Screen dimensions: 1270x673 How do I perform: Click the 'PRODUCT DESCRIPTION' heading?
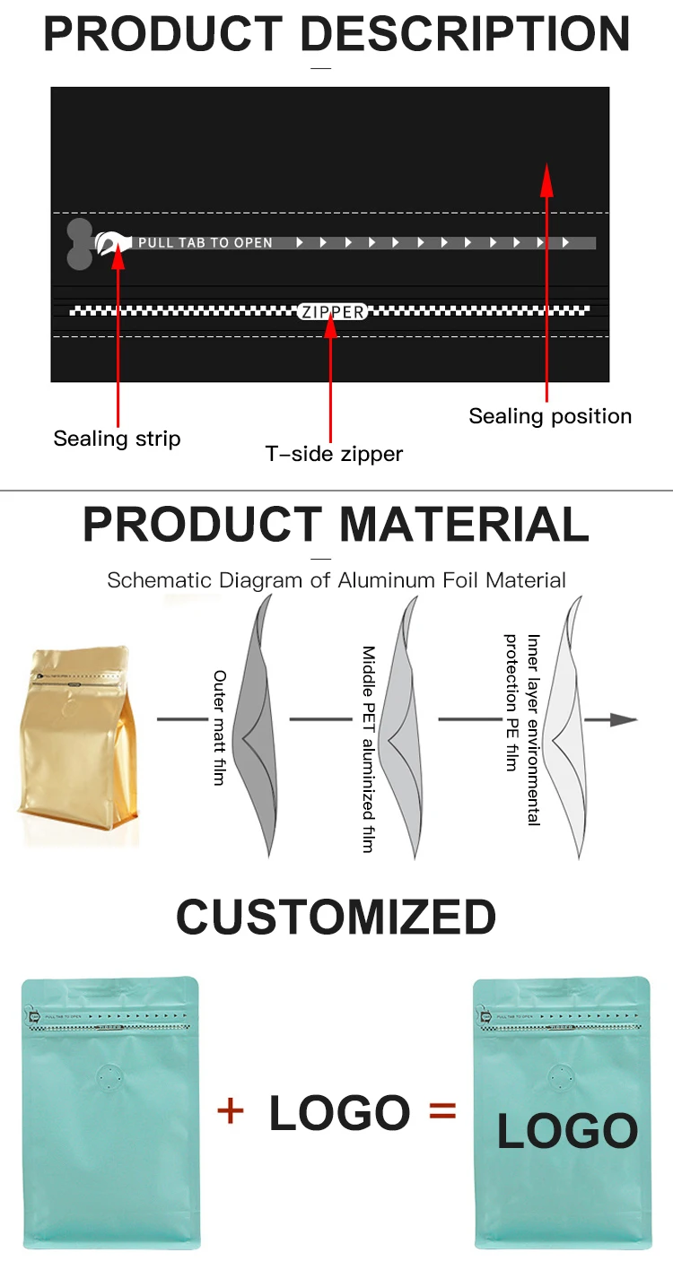336,34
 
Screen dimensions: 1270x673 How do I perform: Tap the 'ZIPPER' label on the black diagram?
332,312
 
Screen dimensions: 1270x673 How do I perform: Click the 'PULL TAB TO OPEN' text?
205,243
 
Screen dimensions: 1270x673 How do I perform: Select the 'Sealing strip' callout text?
117,439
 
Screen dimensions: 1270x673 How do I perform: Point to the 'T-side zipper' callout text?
334,454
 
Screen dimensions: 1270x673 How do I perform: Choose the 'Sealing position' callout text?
550,416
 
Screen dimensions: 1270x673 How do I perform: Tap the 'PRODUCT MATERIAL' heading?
336,525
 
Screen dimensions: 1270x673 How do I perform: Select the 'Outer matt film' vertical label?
219,727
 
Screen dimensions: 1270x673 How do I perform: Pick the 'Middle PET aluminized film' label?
368,749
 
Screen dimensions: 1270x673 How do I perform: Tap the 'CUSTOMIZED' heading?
336,917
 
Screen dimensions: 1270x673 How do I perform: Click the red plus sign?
231,1111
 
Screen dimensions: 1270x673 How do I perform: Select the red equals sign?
442,1111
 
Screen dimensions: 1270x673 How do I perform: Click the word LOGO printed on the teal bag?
567,1131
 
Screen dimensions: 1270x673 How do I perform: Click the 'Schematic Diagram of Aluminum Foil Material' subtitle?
336,580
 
